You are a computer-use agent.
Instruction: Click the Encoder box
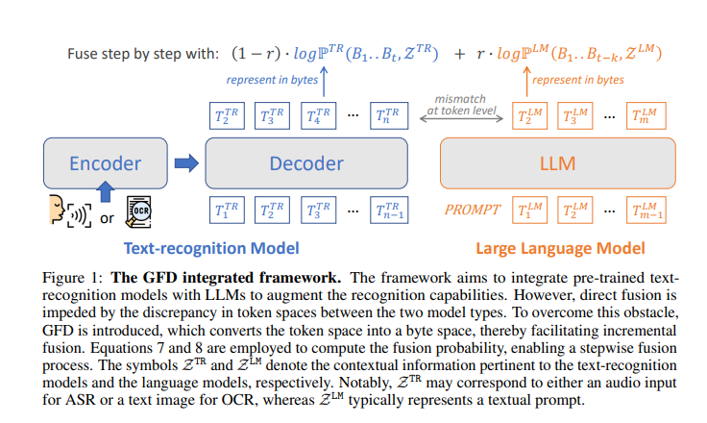(106, 163)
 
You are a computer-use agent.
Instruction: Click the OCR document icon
(137, 211)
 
